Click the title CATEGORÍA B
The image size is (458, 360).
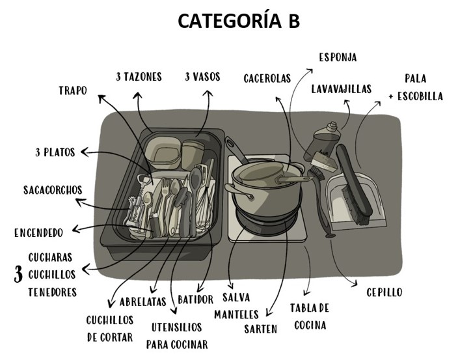[238, 21]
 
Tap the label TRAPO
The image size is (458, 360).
[72, 91]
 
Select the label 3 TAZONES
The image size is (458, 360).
[139, 77]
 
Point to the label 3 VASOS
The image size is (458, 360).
[202, 77]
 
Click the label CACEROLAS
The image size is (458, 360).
[267, 78]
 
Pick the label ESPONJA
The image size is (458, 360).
[338, 57]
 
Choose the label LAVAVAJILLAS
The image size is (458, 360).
[341, 89]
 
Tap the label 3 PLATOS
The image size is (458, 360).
[55, 152]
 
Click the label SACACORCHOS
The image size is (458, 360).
[53, 190]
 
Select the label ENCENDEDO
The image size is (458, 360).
[38, 232]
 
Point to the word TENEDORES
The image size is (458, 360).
[52, 292]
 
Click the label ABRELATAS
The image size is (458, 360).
[144, 301]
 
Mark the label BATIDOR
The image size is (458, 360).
[195, 299]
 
